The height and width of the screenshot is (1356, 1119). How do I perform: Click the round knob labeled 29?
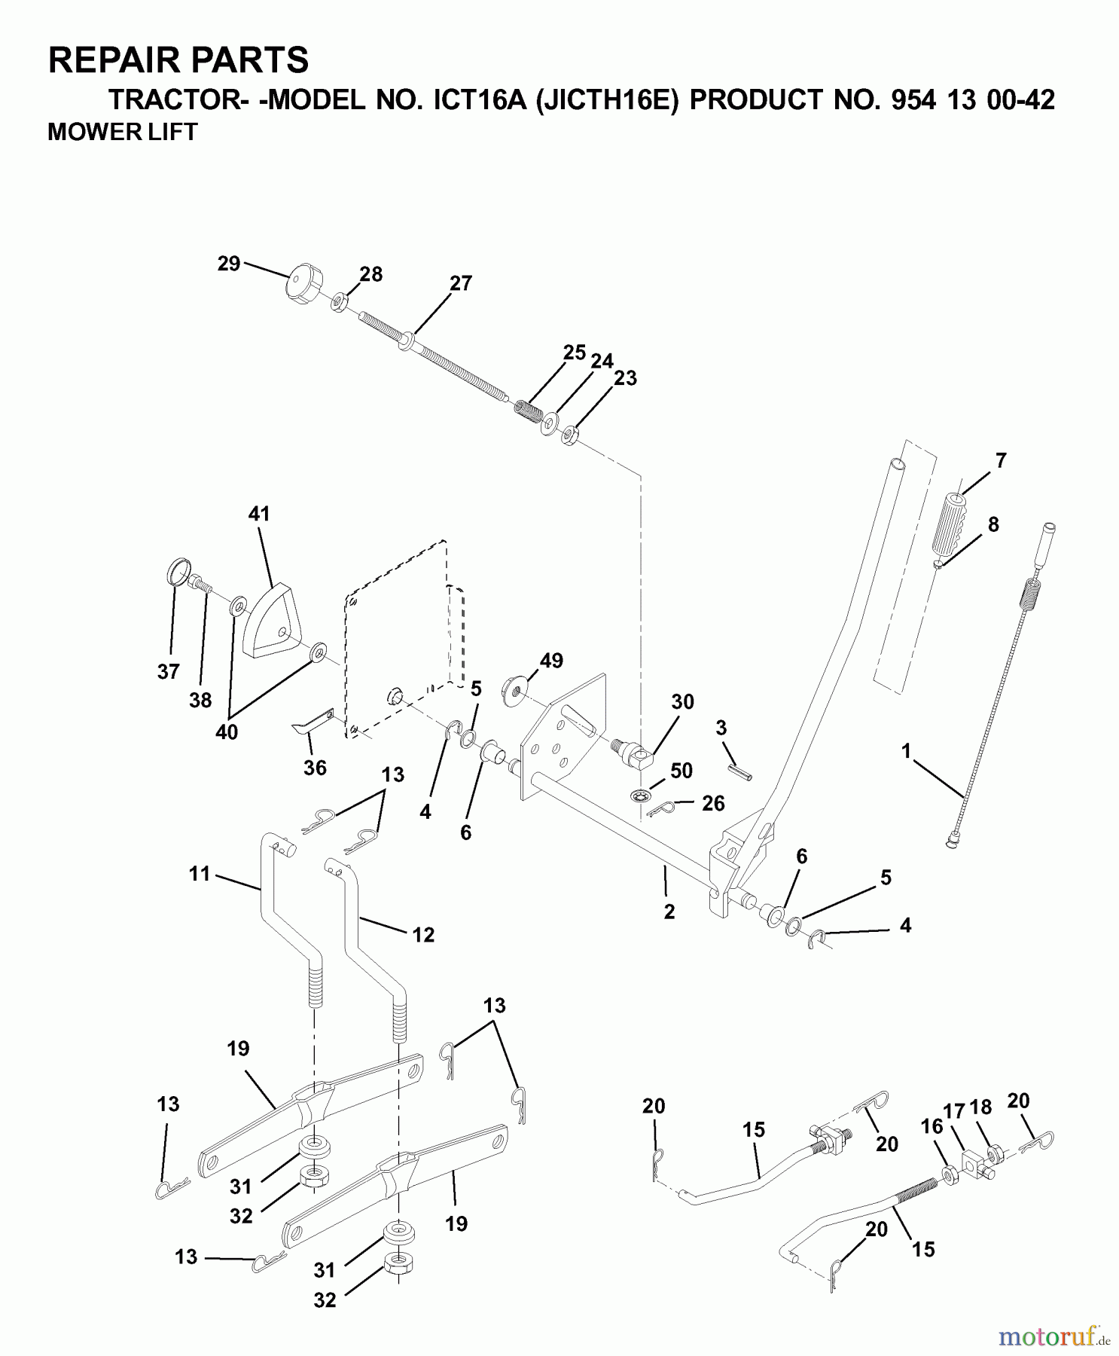(x=300, y=281)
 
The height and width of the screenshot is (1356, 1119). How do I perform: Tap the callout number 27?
(x=460, y=283)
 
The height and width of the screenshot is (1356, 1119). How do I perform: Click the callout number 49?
(x=551, y=661)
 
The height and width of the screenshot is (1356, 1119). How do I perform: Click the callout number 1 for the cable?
(x=906, y=751)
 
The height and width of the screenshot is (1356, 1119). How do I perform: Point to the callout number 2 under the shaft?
(x=669, y=912)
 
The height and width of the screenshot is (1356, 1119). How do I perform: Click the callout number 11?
(x=199, y=874)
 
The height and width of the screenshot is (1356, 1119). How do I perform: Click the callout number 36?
(x=315, y=767)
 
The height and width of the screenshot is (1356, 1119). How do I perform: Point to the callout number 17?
(x=953, y=1111)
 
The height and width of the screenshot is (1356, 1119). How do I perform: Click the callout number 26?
(x=713, y=803)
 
